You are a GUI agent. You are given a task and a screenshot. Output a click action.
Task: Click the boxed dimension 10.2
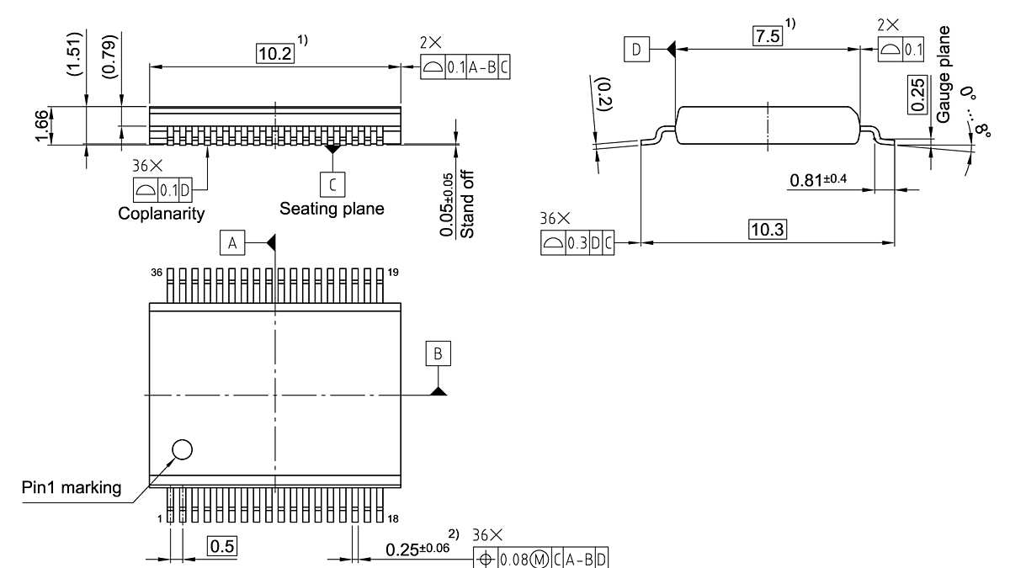tap(275, 52)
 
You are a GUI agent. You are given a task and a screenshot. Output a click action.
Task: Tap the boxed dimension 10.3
tap(767, 229)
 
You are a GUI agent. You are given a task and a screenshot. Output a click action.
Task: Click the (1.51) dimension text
tap(75, 56)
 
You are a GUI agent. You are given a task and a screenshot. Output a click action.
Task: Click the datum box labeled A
tap(232, 243)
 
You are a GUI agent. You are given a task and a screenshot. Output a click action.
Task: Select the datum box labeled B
tap(438, 353)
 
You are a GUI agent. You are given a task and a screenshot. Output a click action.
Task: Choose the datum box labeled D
tap(636, 50)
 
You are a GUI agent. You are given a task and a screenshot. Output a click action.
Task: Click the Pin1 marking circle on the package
tap(181, 450)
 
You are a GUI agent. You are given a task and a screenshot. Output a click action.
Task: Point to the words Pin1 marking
tap(72, 488)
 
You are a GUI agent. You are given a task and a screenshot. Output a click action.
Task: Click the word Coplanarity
tap(161, 214)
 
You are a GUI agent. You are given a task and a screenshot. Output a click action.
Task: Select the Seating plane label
tap(332, 208)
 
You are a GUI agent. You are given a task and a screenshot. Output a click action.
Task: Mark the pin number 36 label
tap(156, 273)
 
